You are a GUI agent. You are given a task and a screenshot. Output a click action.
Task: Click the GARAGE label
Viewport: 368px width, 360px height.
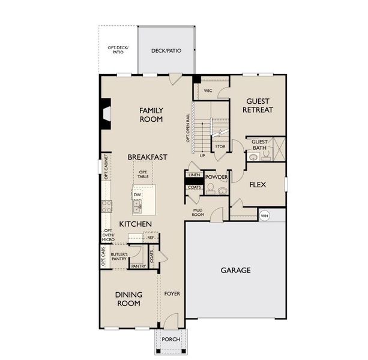pyautogui.click(x=235, y=270)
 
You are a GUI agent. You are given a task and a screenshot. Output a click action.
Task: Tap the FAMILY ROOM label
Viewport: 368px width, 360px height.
pyautogui.click(x=151, y=115)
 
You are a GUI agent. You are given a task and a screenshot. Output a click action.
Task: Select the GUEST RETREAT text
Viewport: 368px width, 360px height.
pyautogui.click(x=258, y=106)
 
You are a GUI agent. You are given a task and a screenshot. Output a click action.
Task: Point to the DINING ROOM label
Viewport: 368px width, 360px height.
pyautogui.click(x=128, y=298)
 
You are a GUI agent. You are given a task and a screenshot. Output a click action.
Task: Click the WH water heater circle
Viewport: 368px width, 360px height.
pyautogui.click(x=264, y=215)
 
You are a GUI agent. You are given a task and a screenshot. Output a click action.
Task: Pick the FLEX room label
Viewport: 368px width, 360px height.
pyautogui.click(x=258, y=185)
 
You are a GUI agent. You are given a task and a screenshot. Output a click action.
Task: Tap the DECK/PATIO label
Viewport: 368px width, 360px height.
pyautogui.click(x=166, y=51)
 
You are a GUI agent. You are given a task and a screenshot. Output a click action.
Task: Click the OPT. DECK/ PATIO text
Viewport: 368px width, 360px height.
pyautogui.click(x=118, y=50)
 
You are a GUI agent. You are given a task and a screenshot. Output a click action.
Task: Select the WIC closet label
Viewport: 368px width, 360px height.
pyautogui.click(x=208, y=91)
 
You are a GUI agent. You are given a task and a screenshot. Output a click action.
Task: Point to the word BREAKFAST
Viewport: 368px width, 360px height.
pyautogui.click(x=147, y=157)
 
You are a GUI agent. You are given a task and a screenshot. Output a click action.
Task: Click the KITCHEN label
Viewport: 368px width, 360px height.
pyautogui.click(x=135, y=224)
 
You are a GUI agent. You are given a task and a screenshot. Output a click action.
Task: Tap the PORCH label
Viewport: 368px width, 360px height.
pyautogui.click(x=171, y=339)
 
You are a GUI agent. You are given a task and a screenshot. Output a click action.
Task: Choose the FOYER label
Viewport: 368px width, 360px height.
pyautogui.click(x=172, y=293)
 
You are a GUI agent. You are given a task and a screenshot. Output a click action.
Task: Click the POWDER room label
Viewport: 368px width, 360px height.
pyautogui.click(x=216, y=178)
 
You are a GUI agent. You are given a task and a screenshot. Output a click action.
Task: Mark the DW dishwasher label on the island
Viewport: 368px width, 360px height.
pyautogui.click(x=137, y=195)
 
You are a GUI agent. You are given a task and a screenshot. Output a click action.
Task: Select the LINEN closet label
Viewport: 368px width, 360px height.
pyautogui.click(x=193, y=175)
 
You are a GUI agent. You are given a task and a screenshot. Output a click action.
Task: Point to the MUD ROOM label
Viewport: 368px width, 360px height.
pyautogui.click(x=198, y=212)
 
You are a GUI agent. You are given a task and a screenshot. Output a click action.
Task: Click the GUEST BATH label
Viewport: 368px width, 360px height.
pyautogui.click(x=259, y=145)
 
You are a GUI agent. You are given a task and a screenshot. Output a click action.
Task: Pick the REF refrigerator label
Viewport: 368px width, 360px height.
pyautogui.click(x=151, y=238)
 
